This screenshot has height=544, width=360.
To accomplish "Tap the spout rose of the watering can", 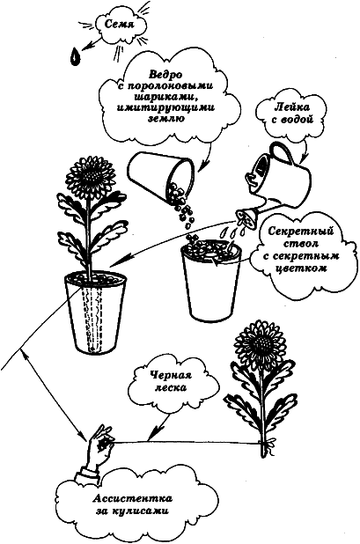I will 246,213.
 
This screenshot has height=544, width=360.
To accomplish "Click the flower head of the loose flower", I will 261,347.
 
